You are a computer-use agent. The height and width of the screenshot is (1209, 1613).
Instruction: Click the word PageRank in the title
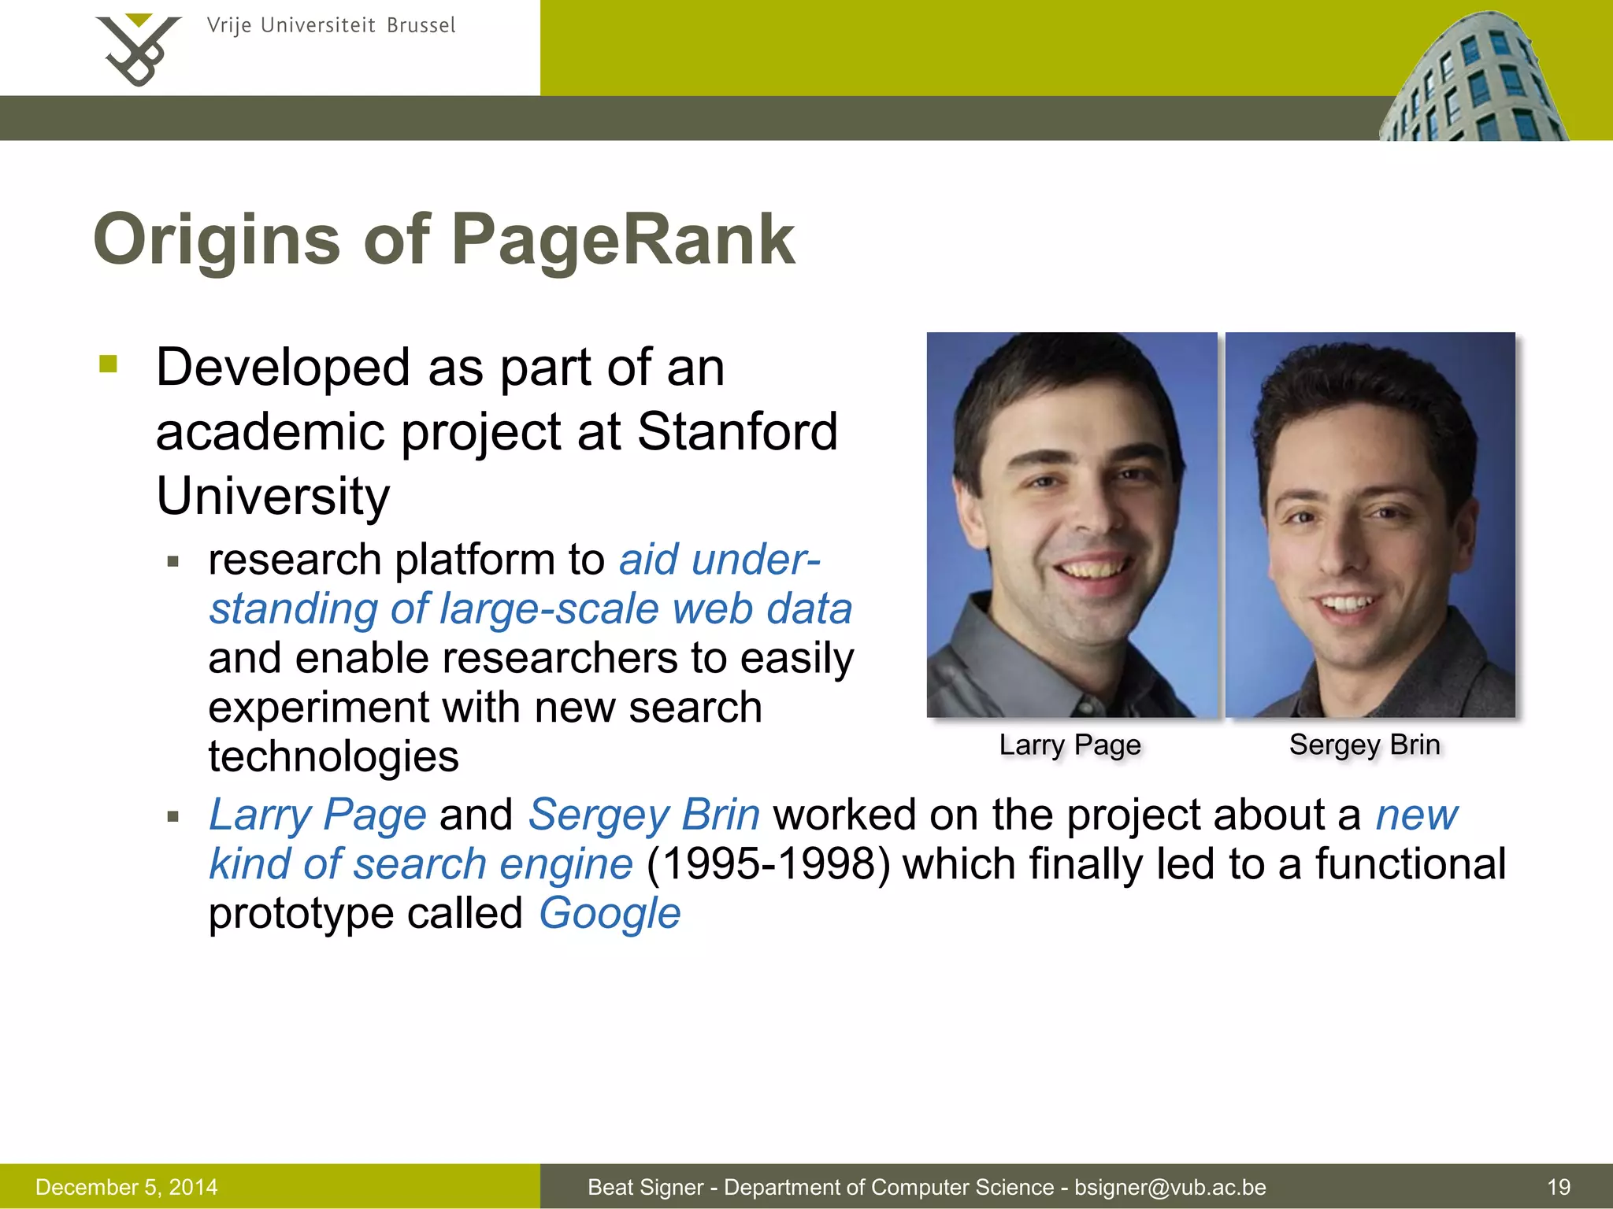pyautogui.click(x=623, y=240)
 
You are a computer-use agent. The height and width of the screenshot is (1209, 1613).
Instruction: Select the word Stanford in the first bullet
pyautogui.click(x=737, y=432)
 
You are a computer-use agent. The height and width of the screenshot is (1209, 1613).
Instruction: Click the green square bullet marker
pyautogui.click(x=109, y=364)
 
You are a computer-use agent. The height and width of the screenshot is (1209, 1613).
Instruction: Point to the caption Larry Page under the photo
pyautogui.click(x=1070, y=745)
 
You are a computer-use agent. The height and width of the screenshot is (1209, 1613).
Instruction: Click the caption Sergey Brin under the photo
pyautogui.click(x=1364, y=745)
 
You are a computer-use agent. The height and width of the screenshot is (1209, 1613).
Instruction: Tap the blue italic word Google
pyautogui.click(x=610, y=914)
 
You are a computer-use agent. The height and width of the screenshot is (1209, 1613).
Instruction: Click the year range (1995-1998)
pyautogui.click(x=769, y=864)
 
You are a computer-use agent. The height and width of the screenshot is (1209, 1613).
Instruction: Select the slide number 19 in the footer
pyautogui.click(x=1559, y=1187)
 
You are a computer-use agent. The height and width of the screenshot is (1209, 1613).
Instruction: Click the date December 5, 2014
pyautogui.click(x=127, y=1187)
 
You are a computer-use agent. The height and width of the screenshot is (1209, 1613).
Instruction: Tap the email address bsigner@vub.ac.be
pyautogui.click(x=1170, y=1187)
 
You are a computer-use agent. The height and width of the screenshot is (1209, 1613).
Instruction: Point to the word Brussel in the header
pyautogui.click(x=421, y=26)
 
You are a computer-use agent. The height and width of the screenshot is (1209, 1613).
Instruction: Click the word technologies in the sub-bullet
pyautogui.click(x=333, y=757)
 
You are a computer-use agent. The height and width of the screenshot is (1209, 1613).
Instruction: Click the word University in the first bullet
pyautogui.click(x=273, y=497)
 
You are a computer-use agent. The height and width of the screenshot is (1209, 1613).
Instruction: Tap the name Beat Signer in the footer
pyautogui.click(x=645, y=1187)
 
